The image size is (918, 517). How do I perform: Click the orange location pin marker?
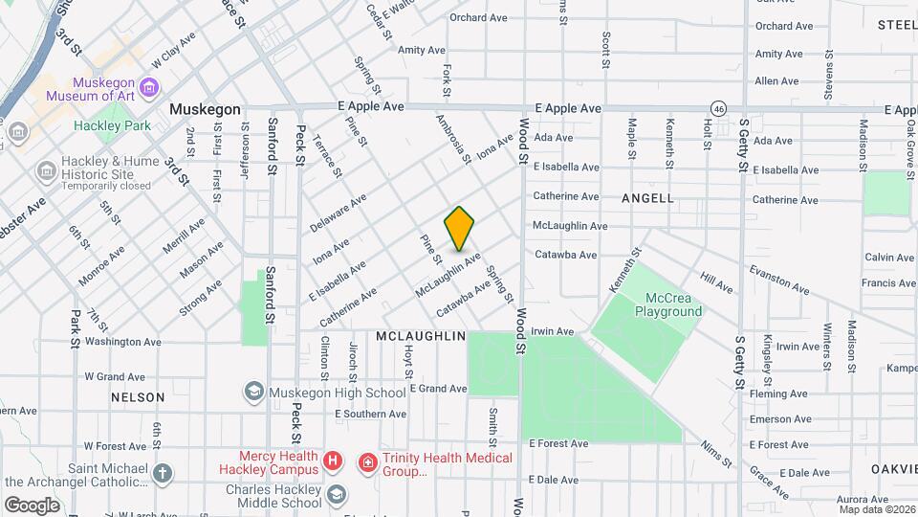459,228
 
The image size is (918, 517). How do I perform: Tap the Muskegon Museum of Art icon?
148,89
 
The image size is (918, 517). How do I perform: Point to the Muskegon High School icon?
253,392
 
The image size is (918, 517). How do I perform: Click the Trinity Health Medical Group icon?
366,463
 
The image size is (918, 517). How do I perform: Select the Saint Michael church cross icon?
164,472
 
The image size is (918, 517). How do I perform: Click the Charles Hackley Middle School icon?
336,494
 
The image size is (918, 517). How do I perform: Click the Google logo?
32,505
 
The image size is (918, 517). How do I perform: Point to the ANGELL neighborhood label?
647,198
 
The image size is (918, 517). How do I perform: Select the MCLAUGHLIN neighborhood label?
421,337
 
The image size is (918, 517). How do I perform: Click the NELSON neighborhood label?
138,396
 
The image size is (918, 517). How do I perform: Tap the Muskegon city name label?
205,109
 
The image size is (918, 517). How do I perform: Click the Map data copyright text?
877,508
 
